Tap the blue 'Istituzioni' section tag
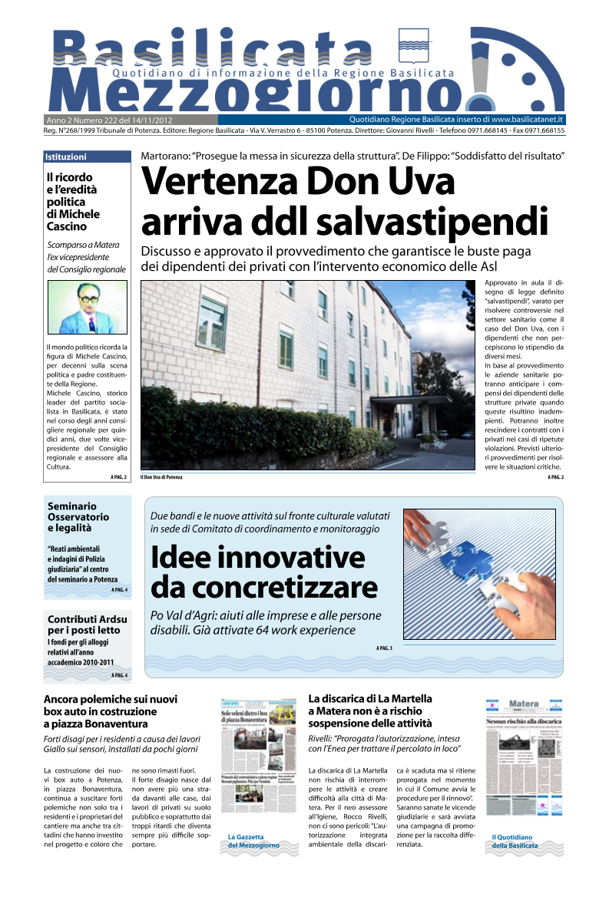click(66, 157)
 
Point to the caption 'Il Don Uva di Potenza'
click(161, 477)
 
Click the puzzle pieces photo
click(478, 574)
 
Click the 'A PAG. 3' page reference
click(384, 648)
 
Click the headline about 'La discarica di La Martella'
click(370, 710)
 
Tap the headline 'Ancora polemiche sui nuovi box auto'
click(111, 710)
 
